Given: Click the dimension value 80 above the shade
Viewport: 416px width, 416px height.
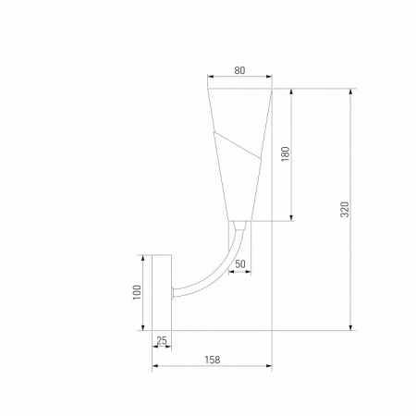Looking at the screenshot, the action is coord(239,70).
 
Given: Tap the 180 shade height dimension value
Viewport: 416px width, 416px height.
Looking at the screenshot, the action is coord(286,153).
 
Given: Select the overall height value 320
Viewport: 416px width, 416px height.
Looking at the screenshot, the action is coord(345,210).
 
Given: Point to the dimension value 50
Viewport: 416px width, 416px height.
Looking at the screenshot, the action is coord(240,264).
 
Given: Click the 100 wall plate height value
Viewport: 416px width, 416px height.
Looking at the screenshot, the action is coord(137,292).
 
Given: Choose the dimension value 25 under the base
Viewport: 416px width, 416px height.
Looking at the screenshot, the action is coord(162,341).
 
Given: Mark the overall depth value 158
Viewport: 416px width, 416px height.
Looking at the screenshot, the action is coord(213,360).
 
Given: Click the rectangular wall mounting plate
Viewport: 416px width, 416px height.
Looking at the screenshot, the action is coord(162,293).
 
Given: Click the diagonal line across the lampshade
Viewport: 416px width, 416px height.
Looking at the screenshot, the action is coord(238,145).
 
